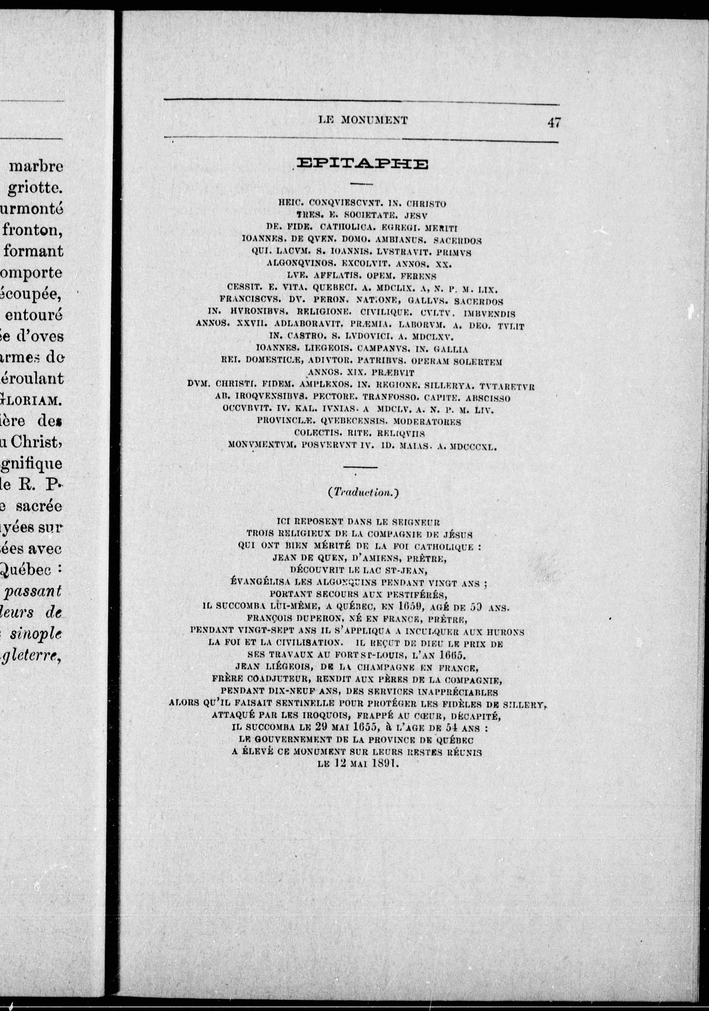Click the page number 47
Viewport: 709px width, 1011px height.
click(x=554, y=122)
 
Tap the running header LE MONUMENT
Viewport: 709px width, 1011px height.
click(x=362, y=120)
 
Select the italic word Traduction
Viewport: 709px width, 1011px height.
click(x=362, y=493)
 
